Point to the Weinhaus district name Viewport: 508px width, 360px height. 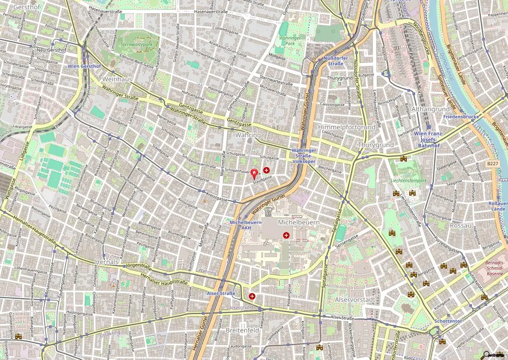pos(117,79)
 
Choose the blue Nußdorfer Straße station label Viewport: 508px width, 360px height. pos(333,60)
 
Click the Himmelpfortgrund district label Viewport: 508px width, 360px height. pos(346,127)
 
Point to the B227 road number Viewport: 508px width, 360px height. pos(492,163)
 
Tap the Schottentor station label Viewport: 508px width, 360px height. pos(448,321)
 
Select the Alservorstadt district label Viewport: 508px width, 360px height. pos(355,300)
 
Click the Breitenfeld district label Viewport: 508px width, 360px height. pos(242,330)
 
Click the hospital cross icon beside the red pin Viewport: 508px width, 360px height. pos(266,170)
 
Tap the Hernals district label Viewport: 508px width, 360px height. pos(108,261)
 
